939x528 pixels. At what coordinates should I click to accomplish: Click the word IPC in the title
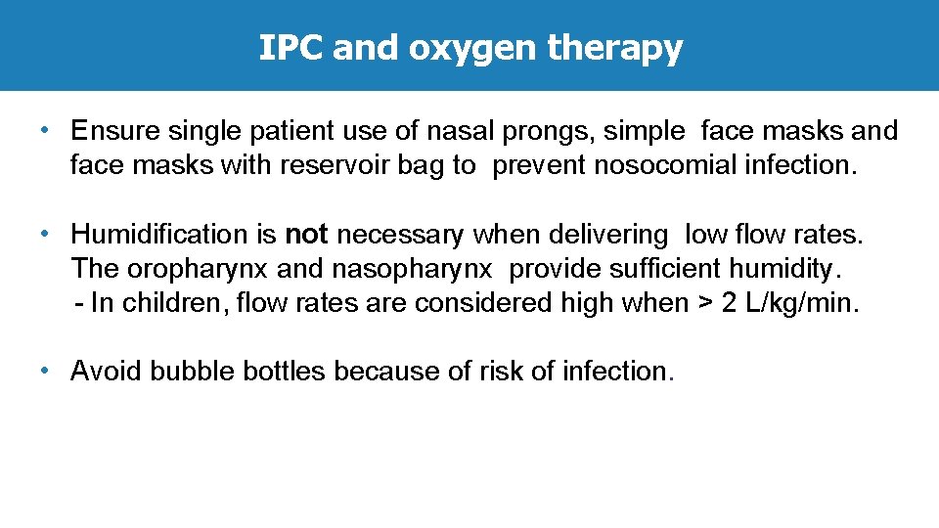291,47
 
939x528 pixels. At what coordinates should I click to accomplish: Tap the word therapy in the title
615,49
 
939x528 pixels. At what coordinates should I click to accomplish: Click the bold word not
306,235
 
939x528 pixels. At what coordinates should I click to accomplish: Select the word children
176,303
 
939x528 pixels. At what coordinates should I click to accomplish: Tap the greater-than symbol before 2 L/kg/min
703,303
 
